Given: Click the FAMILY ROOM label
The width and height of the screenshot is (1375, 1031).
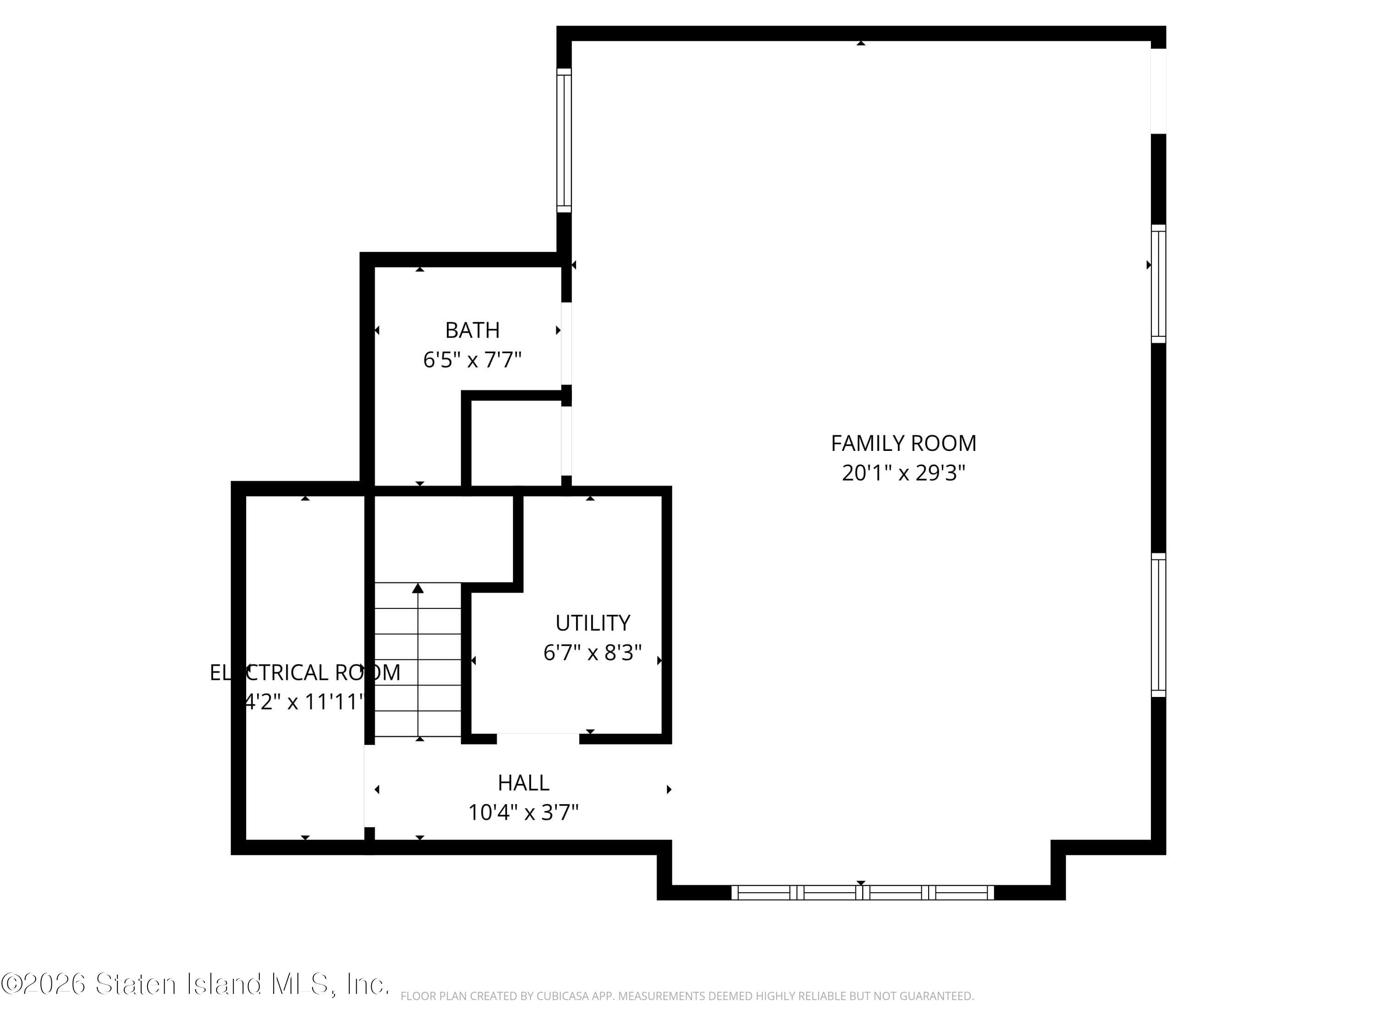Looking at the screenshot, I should pyautogui.click(x=903, y=443).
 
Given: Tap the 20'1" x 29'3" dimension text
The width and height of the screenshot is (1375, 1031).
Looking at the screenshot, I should pyautogui.click(x=903, y=473).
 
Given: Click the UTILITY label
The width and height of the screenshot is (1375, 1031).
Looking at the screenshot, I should pyautogui.click(x=592, y=623).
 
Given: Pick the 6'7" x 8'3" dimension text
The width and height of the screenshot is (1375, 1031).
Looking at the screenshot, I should pyautogui.click(x=592, y=653).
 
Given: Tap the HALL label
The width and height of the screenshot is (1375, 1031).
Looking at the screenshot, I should pyautogui.click(x=523, y=783).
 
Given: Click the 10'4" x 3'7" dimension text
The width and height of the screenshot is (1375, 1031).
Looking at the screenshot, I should pyautogui.click(x=523, y=812).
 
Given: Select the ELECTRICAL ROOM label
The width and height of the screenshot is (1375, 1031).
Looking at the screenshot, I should pyautogui.click(x=305, y=672).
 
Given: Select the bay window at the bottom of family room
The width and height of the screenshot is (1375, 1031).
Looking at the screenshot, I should pyautogui.click(x=862, y=893).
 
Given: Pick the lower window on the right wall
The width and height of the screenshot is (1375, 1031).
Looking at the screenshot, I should pyautogui.click(x=1158, y=625).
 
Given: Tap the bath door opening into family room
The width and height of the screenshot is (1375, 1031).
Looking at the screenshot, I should pyautogui.click(x=566, y=343).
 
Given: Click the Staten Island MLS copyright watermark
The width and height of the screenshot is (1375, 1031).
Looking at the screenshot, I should pyautogui.click(x=195, y=984).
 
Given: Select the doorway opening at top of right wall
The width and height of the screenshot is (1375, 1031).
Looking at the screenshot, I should pyautogui.click(x=1158, y=91).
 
